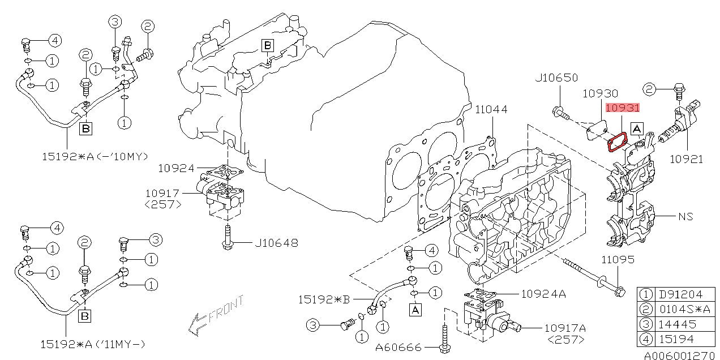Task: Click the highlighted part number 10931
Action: click(x=623, y=108)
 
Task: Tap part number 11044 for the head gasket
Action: click(x=491, y=110)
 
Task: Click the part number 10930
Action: click(x=600, y=93)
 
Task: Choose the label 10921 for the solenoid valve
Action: click(x=686, y=159)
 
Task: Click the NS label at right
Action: click(x=685, y=217)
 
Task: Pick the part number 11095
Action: click(x=618, y=260)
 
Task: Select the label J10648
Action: click(x=276, y=243)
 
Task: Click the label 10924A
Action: click(x=543, y=294)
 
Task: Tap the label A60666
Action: click(x=398, y=348)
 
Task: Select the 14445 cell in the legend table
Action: click(x=677, y=324)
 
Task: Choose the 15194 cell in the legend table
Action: click(x=677, y=340)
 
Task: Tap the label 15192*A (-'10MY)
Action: click(x=95, y=157)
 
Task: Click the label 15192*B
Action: click(x=324, y=299)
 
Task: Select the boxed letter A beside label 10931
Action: click(x=637, y=129)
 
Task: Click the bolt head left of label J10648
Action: click(x=228, y=246)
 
